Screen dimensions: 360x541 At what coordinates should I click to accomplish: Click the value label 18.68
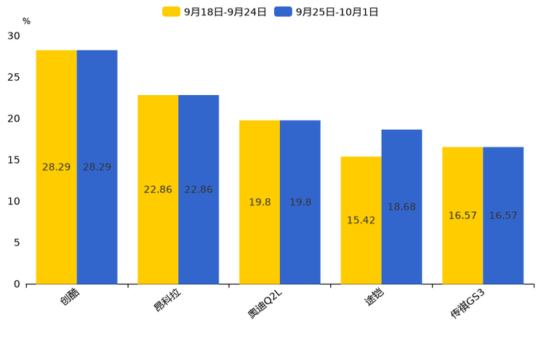[401, 207]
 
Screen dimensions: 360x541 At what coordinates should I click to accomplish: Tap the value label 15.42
[361, 220]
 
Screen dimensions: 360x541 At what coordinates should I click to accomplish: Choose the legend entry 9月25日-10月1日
[326, 12]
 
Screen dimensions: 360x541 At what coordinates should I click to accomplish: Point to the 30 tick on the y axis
[14, 36]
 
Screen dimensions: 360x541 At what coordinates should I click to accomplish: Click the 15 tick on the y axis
[14, 160]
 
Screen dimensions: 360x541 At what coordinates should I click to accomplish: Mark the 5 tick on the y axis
[17, 242]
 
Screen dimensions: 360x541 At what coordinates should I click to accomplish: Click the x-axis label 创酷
[71, 298]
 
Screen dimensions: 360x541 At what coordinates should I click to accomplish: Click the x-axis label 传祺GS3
[468, 306]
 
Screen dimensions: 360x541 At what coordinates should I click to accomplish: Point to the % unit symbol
[26, 21]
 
